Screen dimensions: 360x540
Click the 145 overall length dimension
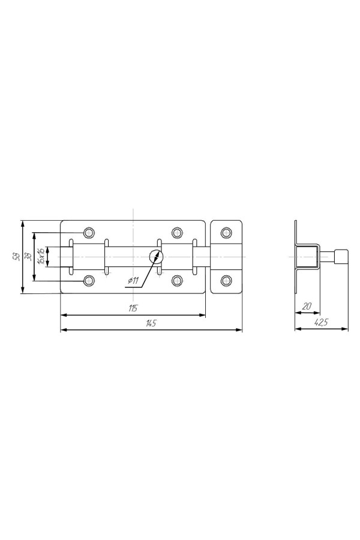coord(151,323)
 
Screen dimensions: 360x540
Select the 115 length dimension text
coord(133,308)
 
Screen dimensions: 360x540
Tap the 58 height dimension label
coord(16,257)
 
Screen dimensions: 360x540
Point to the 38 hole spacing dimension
coord(28,257)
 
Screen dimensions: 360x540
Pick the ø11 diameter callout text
coord(133,281)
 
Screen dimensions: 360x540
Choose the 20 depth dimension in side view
coord(307,306)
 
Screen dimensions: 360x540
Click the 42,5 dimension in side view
coord(321,322)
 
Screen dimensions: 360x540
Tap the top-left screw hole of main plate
coord(89,232)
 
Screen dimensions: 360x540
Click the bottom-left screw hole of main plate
coord(89,281)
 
